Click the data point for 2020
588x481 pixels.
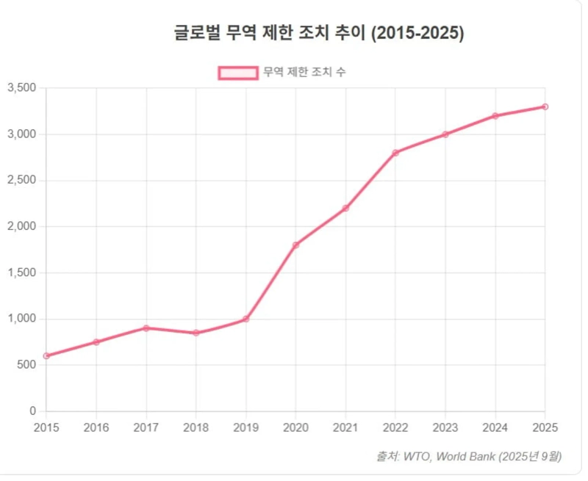[x=295, y=245]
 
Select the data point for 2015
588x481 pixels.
[x=46, y=355]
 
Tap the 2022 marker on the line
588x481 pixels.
[x=395, y=153]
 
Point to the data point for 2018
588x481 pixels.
[x=196, y=333]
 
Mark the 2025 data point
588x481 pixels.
[x=545, y=106]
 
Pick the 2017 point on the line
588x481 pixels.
[x=146, y=328]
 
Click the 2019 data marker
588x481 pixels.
[x=246, y=319]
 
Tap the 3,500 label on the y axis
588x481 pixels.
[x=21, y=88]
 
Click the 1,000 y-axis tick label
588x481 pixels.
[x=21, y=319]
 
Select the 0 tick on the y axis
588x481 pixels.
[x=32, y=411]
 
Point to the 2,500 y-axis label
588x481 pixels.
[x=21, y=181]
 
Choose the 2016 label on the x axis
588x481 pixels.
[x=96, y=427]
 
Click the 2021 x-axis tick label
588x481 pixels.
[x=345, y=427]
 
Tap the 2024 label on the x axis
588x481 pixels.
[x=495, y=427]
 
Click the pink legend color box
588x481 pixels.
[x=237, y=72]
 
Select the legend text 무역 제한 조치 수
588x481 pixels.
[x=304, y=72]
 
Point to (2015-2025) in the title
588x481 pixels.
[x=418, y=34]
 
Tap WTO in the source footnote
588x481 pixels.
[x=416, y=457]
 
